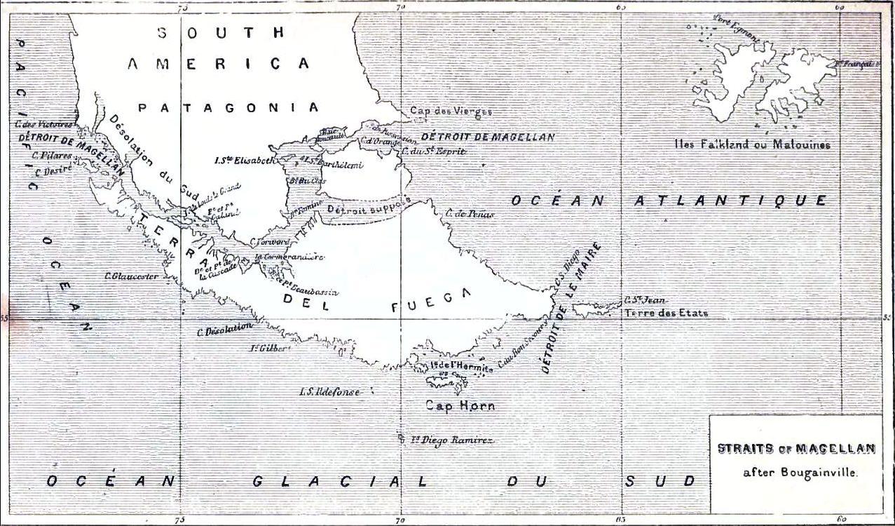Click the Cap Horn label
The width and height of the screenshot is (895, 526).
460,405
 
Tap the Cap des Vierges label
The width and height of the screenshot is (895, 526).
451,111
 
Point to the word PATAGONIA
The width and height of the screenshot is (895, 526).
228,107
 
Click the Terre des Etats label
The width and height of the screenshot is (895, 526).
666,313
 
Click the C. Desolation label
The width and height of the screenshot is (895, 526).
224,328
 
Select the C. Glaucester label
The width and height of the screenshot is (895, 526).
130,276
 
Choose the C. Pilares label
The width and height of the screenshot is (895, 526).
46,156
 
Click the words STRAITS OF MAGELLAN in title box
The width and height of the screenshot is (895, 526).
795,448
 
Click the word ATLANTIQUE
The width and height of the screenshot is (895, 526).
731,200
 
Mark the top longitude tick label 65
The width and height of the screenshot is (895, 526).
620,6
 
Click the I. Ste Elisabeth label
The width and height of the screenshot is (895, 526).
245,159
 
